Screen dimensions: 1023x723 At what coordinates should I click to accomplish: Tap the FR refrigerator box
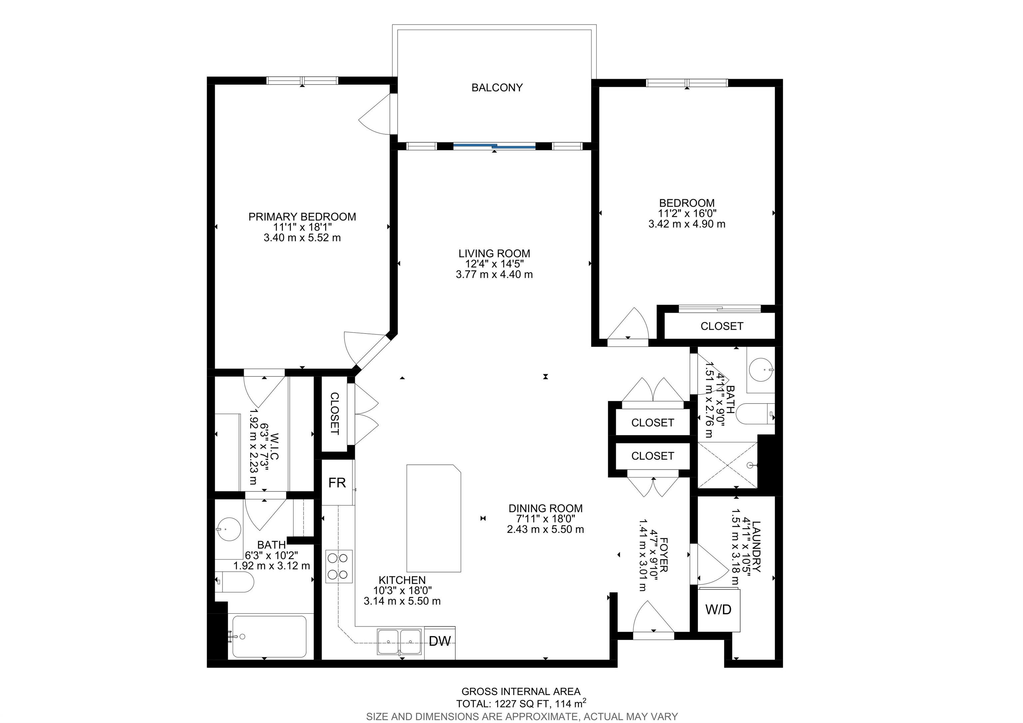[x=338, y=483]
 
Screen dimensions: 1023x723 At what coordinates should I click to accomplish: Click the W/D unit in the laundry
[x=718, y=609]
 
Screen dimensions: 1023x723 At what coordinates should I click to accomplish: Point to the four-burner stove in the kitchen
[x=339, y=566]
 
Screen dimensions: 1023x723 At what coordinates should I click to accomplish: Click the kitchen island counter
[x=434, y=518]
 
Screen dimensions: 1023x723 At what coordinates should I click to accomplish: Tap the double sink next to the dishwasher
[x=399, y=642]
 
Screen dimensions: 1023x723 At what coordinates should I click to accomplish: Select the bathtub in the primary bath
[x=269, y=636]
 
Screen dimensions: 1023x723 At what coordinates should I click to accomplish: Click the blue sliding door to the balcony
[x=494, y=145]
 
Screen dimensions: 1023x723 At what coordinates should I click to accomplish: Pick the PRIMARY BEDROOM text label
[x=302, y=217]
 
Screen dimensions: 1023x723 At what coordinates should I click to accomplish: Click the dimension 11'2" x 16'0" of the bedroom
[x=687, y=214]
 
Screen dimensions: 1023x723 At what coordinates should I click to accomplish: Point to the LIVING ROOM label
[x=494, y=254]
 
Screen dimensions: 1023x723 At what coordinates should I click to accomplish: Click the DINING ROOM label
[x=545, y=508]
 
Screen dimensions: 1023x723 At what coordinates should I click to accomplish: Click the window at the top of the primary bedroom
[x=302, y=81]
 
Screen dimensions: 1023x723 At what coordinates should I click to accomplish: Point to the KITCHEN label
[x=402, y=580]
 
